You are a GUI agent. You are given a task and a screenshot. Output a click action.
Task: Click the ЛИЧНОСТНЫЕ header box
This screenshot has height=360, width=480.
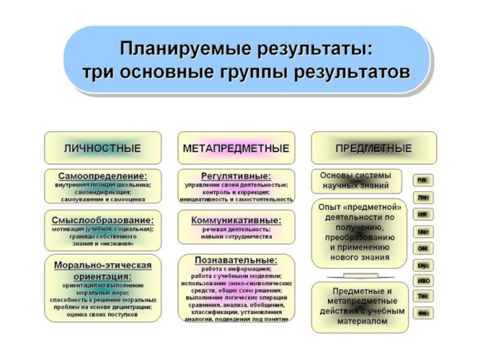pyautogui.click(x=103, y=148)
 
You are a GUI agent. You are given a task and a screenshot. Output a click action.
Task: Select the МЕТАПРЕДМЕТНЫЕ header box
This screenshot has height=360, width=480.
pyautogui.click(x=236, y=148)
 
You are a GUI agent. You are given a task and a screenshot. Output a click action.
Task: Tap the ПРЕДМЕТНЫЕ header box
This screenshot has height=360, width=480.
pyautogui.click(x=373, y=148)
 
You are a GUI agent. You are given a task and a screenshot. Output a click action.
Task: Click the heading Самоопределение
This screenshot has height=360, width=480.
pyautogui.click(x=103, y=176)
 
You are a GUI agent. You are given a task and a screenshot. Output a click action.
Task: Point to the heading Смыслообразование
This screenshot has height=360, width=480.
pyautogui.click(x=103, y=220)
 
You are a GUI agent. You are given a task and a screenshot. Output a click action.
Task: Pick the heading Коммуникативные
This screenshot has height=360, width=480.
pyautogui.click(x=236, y=220)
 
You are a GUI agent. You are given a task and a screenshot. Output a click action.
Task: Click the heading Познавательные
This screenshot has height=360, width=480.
pyautogui.click(x=236, y=260)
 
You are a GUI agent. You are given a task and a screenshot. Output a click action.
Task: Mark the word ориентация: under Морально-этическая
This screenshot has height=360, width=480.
pyautogui.click(x=103, y=276)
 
